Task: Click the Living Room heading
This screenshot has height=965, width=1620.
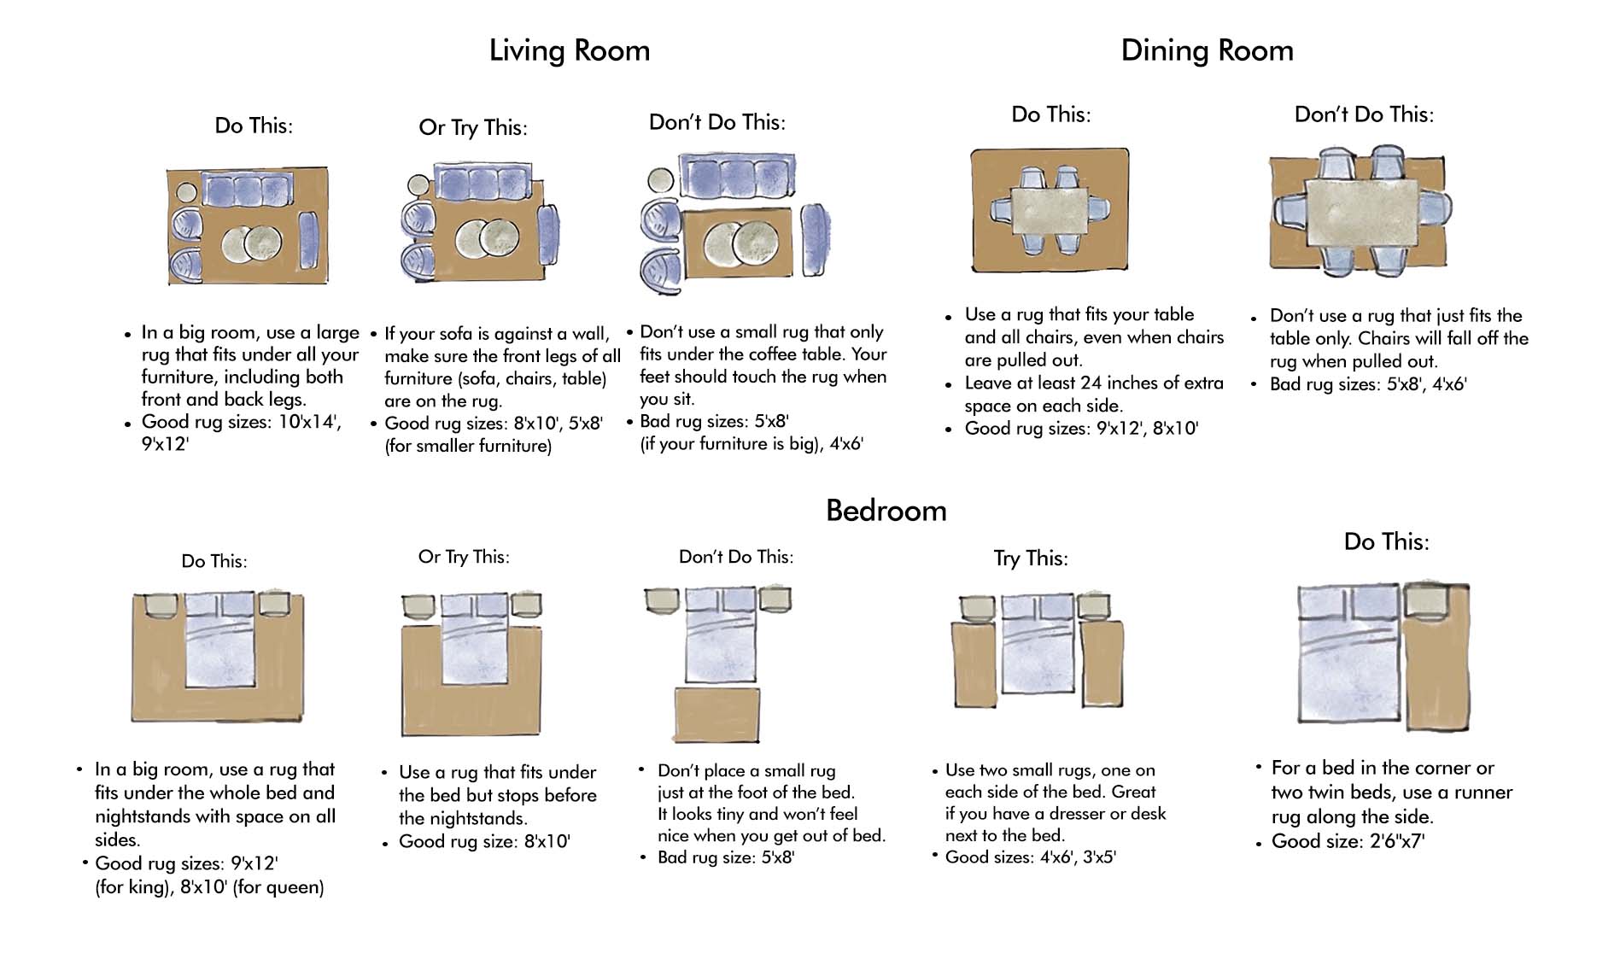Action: pyautogui.click(x=569, y=50)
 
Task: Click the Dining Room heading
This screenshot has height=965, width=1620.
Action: pyautogui.click(x=1206, y=50)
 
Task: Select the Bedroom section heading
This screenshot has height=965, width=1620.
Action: pyautogui.click(x=886, y=511)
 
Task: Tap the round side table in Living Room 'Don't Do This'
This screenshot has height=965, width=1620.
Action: pyautogui.click(x=659, y=180)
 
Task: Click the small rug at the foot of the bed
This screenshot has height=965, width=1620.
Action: pyautogui.click(x=716, y=714)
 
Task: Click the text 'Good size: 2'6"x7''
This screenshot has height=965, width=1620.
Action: pyautogui.click(x=1347, y=841)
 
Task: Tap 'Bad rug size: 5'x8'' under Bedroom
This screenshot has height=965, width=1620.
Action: pyautogui.click(x=725, y=857)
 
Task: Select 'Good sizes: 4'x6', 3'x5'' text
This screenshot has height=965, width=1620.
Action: pyautogui.click(x=1030, y=857)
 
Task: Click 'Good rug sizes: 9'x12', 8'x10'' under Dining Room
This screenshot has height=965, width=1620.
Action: pyautogui.click(x=1081, y=429)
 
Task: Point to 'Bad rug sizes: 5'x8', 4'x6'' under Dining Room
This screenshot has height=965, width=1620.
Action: pyautogui.click(x=1367, y=384)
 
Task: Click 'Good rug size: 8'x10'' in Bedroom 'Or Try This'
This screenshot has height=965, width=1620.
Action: pyautogui.click(x=484, y=841)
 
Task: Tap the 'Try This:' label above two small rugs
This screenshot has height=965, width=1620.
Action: pyautogui.click(x=1030, y=559)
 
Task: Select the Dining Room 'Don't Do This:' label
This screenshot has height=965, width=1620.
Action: pyautogui.click(x=1364, y=114)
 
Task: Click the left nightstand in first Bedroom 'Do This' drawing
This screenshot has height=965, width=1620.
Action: pyautogui.click(x=161, y=605)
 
